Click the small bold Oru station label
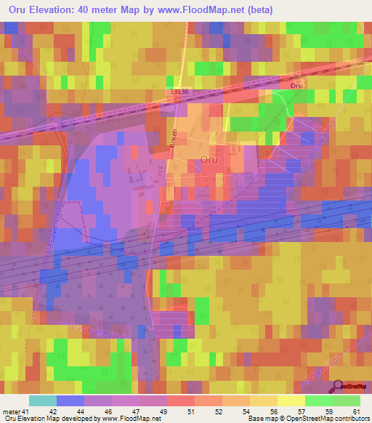296,86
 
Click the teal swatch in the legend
42,400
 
